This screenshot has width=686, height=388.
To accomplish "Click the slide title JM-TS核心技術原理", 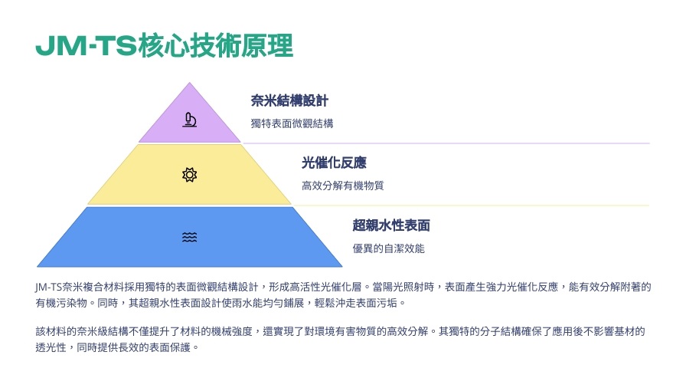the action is click(164, 45).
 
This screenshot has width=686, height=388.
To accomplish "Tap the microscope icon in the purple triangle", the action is click(189, 120).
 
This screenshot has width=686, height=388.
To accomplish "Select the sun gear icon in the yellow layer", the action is click(189, 175).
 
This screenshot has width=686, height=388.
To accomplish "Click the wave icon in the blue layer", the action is click(189, 237).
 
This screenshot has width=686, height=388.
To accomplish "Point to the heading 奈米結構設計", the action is click(289, 100).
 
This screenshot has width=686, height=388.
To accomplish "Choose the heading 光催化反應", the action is click(334, 163).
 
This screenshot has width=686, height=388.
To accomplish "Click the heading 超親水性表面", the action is click(391, 225).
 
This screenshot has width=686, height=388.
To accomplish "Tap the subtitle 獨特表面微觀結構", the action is click(292, 123).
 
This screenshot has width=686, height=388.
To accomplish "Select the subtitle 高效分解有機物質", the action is click(342, 186).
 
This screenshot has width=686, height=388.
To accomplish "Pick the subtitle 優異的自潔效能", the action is click(388, 248).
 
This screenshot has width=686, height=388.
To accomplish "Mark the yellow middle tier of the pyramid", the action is click(189, 174).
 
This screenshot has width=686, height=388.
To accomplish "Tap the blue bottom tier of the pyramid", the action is click(189, 237).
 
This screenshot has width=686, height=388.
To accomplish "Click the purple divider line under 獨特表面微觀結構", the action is click(446, 143).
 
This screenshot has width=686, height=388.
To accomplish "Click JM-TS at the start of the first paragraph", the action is click(48, 288).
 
